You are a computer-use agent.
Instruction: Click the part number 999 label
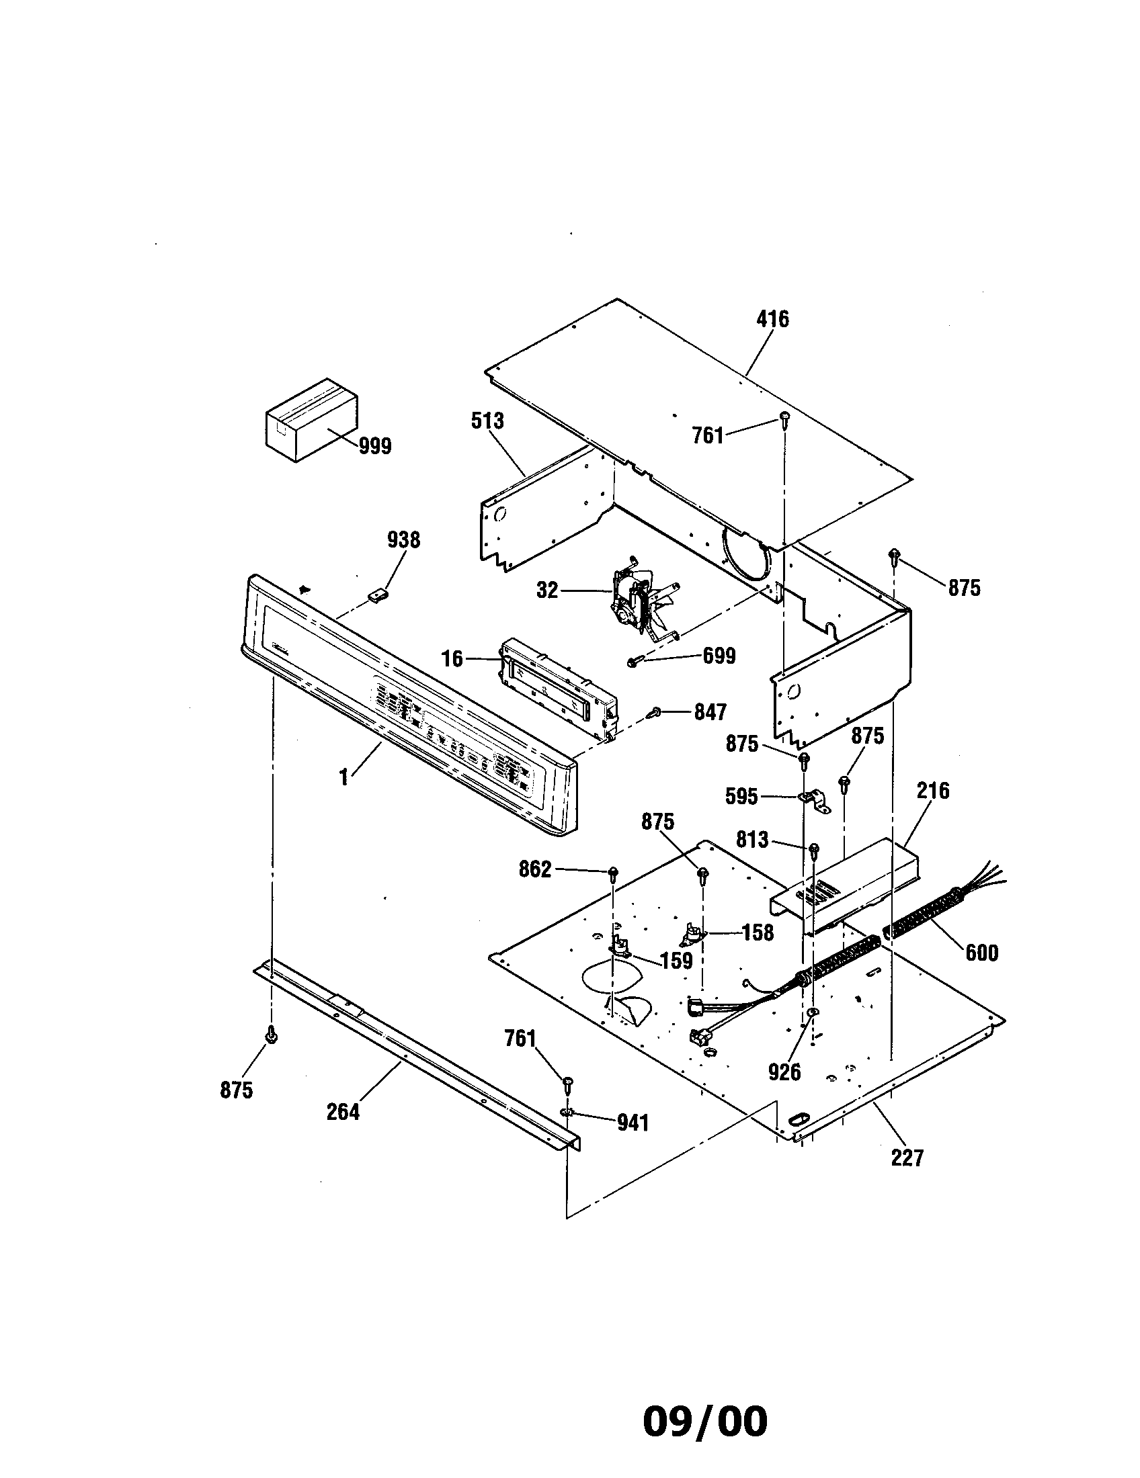(x=375, y=447)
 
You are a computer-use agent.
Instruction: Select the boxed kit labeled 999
(x=310, y=420)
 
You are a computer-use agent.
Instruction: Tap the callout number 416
(x=772, y=318)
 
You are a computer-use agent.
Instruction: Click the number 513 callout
(x=487, y=421)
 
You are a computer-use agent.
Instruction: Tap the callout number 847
(x=710, y=712)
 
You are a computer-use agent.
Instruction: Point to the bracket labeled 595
(x=815, y=801)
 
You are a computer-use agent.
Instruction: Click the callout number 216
(x=933, y=791)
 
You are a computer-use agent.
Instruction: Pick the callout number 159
(x=676, y=960)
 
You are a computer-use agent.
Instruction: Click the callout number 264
(x=343, y=1112)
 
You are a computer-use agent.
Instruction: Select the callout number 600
(x=981, y=953)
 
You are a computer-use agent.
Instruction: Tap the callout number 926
(x=784, y=1072)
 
